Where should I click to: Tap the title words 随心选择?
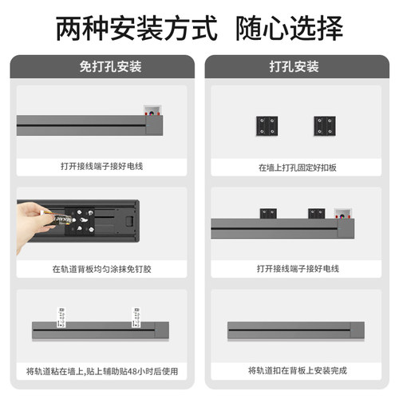click(290, 29)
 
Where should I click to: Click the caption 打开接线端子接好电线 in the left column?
click(101, 167)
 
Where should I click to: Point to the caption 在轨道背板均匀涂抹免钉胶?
click(101, 269)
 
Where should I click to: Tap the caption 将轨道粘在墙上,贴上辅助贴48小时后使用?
click(101, 371)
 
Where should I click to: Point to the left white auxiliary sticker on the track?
click(59, 314)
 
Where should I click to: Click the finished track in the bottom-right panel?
click(295, 328)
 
